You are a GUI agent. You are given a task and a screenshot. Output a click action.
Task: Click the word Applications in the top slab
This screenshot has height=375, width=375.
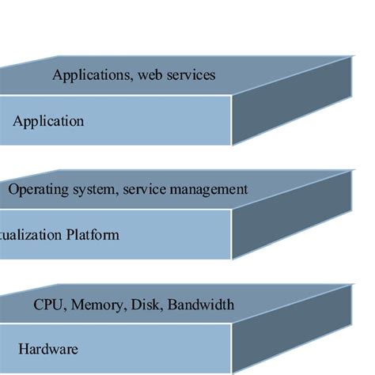click(87, 76)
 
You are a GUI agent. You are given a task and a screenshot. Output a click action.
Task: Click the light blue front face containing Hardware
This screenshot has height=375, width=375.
click(142, 348)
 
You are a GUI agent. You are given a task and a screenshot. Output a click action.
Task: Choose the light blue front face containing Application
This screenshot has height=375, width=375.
click(158, 122)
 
